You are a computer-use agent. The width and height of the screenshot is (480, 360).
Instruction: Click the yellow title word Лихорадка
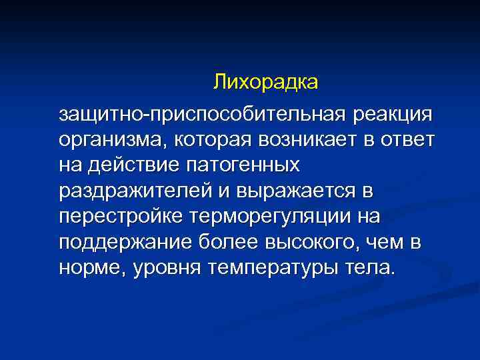coord(267,83)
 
